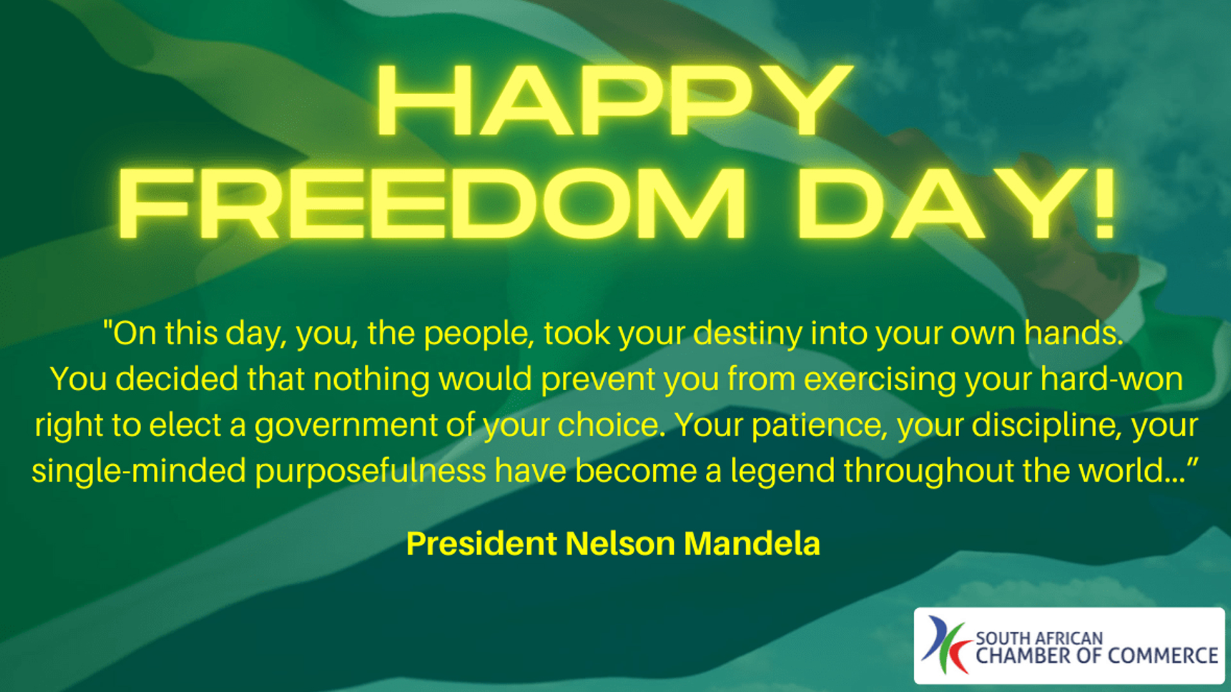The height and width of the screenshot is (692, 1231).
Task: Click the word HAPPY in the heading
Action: coord(614,101)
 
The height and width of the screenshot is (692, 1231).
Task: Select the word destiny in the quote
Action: coord(748,334)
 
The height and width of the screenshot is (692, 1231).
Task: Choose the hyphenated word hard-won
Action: coord(1111,379)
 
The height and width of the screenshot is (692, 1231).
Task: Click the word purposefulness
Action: coord(371,471)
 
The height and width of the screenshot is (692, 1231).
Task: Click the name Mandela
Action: coord(752,544)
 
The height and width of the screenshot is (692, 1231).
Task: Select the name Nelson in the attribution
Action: coord(620,544)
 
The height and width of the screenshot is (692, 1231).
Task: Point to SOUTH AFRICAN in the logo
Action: coord(1039,638)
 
